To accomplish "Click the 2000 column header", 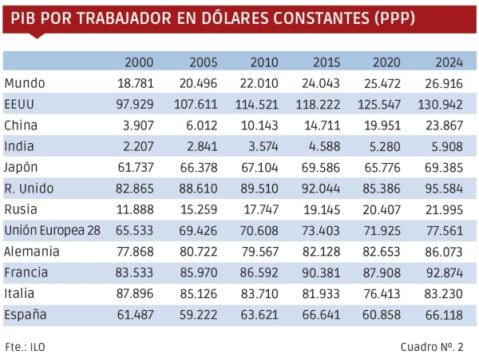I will (x=140, y=63).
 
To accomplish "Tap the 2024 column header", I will (x=450, y=63).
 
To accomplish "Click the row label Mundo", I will (x=25, y=83).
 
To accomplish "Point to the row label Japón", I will (x=22, y=167).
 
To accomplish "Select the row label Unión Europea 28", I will (x=53, y=230).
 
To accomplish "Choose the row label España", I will (x=26, y=315).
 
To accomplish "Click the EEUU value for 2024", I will (x=445, y=104).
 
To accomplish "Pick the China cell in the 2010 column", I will (x=260, y=125).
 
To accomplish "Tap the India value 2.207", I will (x=137, y=146).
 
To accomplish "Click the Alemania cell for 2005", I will (x=198, y=252).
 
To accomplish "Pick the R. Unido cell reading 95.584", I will (x=445, y=189).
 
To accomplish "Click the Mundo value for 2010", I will (x=259, y=83).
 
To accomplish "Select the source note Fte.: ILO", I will (x=26, y=347).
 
